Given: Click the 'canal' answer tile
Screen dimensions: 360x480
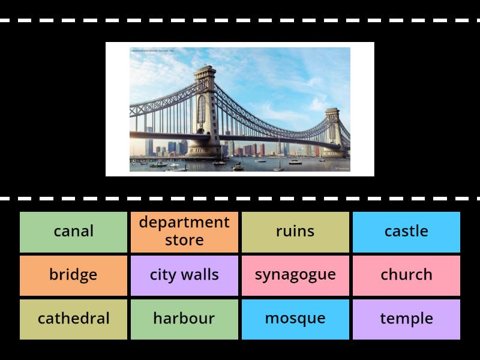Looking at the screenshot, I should [73, 232].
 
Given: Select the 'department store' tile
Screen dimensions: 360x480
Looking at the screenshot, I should [184, 232].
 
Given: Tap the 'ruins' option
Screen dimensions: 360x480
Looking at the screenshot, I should [295, 232].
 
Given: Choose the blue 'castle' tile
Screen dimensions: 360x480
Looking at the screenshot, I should [406, 232].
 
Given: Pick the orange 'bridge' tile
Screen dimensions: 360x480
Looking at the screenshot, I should [73, 275].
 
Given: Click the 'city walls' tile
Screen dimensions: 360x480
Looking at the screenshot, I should [184, 275].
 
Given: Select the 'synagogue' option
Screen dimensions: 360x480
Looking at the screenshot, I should [295, 275].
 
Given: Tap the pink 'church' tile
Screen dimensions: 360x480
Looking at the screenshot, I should [406, 275].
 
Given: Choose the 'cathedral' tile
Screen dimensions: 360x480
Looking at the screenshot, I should [73, 319].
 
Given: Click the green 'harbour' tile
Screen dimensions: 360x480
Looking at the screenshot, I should [184, 319].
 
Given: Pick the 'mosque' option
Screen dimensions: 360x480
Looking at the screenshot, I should [295, 319].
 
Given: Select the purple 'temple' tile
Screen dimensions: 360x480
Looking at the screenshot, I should [406, 319].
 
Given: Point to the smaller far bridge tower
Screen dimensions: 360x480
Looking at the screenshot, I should [332, 132].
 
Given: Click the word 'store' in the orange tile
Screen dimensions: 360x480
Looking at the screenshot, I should [184, 241].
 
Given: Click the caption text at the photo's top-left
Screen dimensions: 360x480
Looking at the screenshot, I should [153, 50].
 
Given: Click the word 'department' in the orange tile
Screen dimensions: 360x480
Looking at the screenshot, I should [184, 223].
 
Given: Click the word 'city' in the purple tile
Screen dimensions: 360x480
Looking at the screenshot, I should [162, 275].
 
